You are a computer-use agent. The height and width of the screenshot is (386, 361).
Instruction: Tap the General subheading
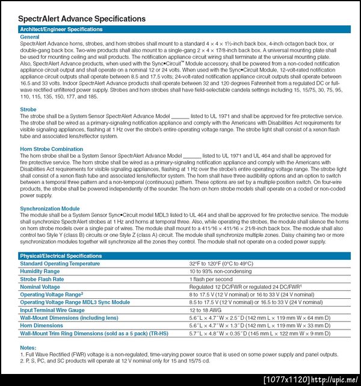pyautogui.click(x=29, y=37)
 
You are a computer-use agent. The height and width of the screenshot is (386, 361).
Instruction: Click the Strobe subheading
pyautogui.click(x=28, y=109)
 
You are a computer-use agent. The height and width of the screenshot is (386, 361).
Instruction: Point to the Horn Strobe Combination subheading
pyautogui.click(x=52, y=149)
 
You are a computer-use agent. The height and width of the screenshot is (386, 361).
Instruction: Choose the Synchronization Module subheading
pyautogui.click(x=49, y=209)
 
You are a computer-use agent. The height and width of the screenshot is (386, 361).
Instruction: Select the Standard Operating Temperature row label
pyautogui.click(x=60, y=264)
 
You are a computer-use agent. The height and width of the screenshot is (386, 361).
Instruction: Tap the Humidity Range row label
pyautogui.click(x=40, y=271)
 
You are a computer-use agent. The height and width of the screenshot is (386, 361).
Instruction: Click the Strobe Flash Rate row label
pyautogui.click(x=42, y=279)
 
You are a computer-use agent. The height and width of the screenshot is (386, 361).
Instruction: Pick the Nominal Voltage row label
pyautogui.click(x=40, y=287)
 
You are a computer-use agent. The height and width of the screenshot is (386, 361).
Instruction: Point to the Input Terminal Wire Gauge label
pyautogui.click(x=52, y=310)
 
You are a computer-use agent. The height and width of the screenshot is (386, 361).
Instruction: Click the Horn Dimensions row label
pyautogui.click(x=42, y=325)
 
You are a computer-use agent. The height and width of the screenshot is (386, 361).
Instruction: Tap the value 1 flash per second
pyautogui.click(x=211, y=279)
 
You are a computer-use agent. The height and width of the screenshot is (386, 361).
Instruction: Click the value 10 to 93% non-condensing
pyautogui.click(x=220, y=271)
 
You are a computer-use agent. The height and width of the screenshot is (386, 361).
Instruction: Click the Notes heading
pyautogui.click(x=28, y=348)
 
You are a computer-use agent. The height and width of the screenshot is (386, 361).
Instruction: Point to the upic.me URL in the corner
pyautogui.click(x=336, y=379)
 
